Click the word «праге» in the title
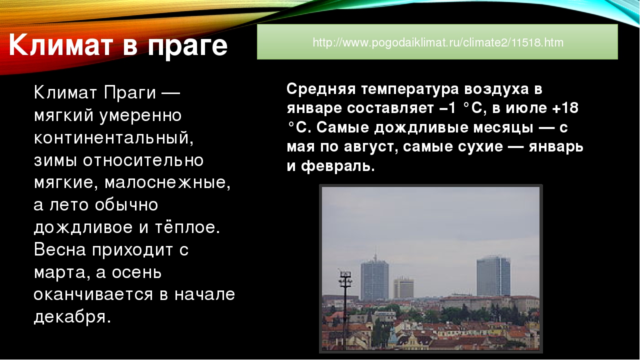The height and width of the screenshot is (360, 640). (187, 46)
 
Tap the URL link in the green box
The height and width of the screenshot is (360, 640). (438, 42)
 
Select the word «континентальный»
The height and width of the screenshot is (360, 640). (113, 138)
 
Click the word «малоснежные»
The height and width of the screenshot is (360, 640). (167, 182)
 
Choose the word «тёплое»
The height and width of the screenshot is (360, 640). (187, 227)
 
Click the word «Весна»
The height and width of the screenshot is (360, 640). (59, 249)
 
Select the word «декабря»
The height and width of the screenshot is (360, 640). (72, 317)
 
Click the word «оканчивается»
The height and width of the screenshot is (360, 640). (93, 294)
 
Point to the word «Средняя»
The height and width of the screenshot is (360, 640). (321, 89)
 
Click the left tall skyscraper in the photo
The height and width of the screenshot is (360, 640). (374, 278)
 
